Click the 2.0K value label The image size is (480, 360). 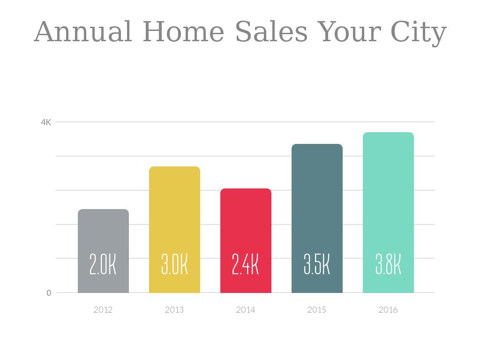(103, 265)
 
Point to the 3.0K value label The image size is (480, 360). (174, 265)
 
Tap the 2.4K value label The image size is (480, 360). (246, 265)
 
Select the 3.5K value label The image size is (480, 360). (317, 265)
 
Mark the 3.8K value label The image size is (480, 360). (388, 265)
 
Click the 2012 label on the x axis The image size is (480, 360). (103, 310)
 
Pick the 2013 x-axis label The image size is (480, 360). (174, 310)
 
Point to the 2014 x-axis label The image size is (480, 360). (246, 310)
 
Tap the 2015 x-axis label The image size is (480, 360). (317, 310)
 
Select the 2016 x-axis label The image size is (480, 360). (388, 310)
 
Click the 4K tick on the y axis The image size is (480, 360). (46, 122)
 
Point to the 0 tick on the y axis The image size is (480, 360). (49, 293)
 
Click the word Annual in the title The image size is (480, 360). (83, 32)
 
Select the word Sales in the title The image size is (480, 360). (271, 32)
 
